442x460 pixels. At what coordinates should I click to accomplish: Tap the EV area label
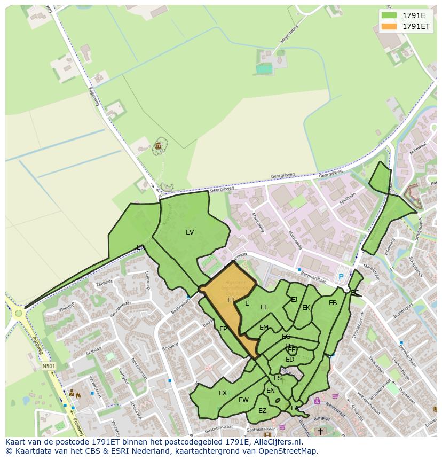coord(190,232)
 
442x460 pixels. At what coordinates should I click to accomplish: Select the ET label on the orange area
coord(231,300)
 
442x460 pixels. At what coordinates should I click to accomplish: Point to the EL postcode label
coord(264,307)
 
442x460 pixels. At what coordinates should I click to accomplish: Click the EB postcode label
coord(333,303)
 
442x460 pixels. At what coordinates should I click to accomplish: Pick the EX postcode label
coord(223,393)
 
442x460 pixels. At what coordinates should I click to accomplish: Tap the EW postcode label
coord(243,400)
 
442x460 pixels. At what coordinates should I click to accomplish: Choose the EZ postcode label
coord(262,411)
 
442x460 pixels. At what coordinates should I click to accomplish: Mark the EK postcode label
coord(306,308)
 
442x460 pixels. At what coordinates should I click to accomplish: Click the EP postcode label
coord(223,329)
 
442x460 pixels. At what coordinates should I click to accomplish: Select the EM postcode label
coord(264,328)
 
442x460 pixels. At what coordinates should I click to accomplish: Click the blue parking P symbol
coord(341,277)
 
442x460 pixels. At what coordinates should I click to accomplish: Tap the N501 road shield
coord(49,366)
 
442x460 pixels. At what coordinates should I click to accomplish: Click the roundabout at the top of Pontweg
coord(19,313)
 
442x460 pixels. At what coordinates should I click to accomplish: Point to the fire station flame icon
coord(78,396)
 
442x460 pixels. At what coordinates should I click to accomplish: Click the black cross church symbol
coord(320,431)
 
